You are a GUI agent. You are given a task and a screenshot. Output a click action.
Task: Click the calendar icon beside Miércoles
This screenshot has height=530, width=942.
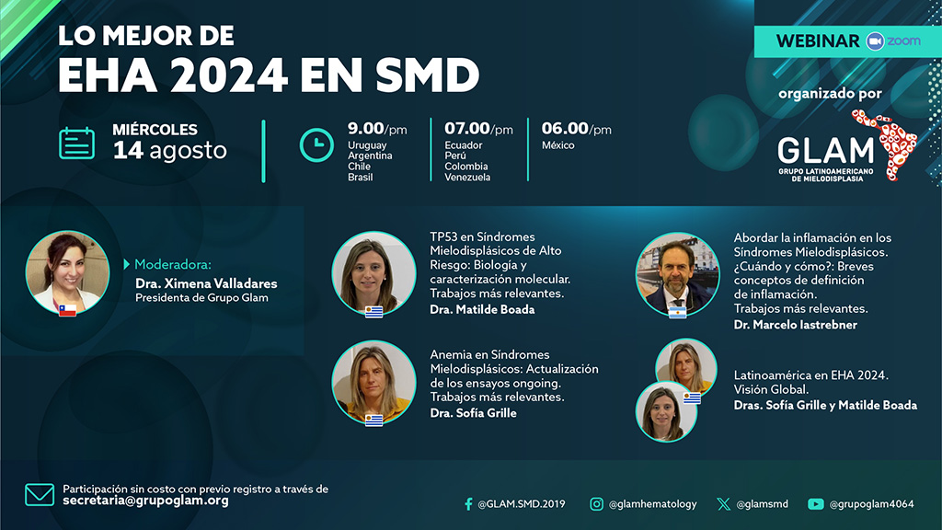tap(77, 144)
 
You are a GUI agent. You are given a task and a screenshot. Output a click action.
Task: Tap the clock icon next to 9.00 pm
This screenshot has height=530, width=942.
tap(316, 144)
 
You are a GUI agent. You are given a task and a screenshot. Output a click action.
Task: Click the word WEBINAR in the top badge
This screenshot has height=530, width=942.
tap(818, 41)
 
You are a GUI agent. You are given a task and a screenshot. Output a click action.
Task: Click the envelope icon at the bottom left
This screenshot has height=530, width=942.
tap(40, 495)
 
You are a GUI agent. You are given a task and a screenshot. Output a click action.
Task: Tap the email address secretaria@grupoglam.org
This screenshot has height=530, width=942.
tap(145, 501)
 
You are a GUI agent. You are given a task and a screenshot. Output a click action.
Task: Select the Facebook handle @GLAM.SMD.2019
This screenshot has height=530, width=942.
tap(522, 504)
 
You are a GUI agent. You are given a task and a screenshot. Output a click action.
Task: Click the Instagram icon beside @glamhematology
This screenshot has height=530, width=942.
tap(597, 503)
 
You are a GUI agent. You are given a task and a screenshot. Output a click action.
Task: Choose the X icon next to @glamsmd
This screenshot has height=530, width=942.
tap(724, 503)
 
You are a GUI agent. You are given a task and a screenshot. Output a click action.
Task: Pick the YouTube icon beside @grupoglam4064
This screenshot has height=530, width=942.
tap(815, 503)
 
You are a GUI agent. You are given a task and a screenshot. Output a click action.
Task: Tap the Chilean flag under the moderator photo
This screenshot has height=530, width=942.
tap(67, 310)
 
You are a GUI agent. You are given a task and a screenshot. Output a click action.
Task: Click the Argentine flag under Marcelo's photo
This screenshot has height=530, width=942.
tap(678, 313)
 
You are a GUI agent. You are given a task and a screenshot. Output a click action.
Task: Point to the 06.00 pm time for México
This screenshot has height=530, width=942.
tap(576, 130)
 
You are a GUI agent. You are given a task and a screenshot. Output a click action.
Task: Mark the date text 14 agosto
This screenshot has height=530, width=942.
tap(169, 150)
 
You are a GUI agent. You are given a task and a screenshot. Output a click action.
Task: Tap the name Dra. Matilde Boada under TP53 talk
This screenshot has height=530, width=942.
tap(482, 309)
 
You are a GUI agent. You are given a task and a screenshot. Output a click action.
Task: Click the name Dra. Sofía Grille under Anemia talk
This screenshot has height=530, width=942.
tap(473, 413)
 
